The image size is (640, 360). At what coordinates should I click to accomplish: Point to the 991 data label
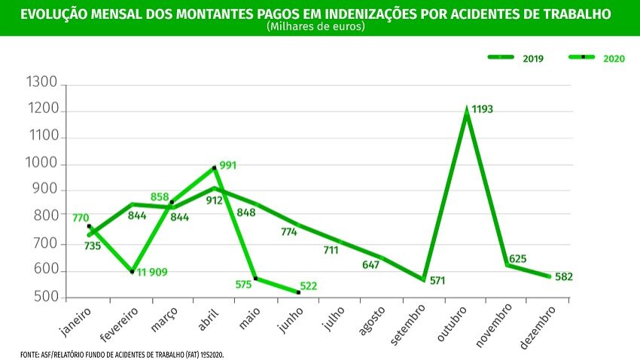[228, 165]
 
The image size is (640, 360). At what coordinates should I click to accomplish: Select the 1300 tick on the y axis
[41, 83]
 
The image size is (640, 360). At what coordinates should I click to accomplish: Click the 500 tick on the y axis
[46, 297]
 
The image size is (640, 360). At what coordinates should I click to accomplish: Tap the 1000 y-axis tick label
[41, 164]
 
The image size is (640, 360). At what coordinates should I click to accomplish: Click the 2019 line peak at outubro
[467, 111]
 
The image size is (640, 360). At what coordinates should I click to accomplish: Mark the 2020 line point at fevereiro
[133, 272]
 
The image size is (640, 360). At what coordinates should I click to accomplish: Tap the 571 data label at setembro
[438, 280]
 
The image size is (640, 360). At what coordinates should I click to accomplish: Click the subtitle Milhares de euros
[315, 26]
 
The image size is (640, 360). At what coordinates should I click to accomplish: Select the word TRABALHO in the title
[576, 14]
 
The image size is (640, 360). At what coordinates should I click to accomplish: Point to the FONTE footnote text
[121, 353]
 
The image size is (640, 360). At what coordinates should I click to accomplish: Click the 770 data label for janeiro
[81, 218]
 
